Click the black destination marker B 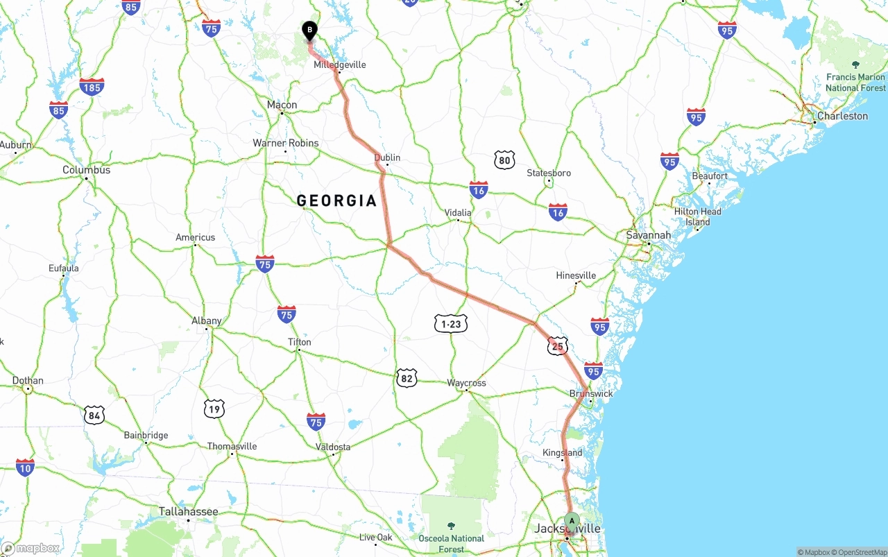click(x=309, y=31)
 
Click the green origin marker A click(x=572, y=520)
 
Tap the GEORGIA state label click(x=336, y=201)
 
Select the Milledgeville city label click(x=340, y=65)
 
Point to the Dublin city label click(x=387, y=157)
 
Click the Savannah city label click(x=648, y=235)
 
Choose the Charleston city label click(x=842, y=116)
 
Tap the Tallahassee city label click(x=188, y=511)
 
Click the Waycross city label click(x=466, y=383)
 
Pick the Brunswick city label click(x=591, y=393)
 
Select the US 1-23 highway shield click(x=451, y=323)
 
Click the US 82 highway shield click(x=407, y=378)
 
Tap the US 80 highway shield click(x=504, y=161)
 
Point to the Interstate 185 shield click(x=92, y=87)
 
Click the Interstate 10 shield click(x=25, y=468)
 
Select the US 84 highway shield click(x=94, y=415)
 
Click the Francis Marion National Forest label click(x=855, y=83)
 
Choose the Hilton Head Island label click(x=697, y=216)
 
